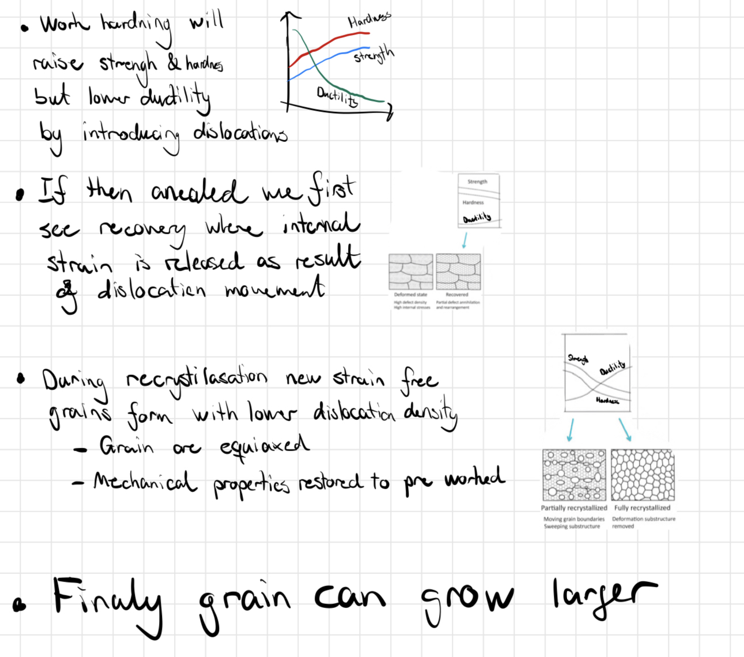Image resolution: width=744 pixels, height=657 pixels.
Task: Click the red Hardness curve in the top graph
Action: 334,42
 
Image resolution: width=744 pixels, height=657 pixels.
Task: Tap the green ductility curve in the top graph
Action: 323,74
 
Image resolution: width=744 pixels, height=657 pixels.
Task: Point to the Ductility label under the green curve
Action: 337,96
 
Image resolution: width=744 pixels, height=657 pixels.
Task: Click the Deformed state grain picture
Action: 411,272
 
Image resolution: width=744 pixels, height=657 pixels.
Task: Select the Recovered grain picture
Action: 458,272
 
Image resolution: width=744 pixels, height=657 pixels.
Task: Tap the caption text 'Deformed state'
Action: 410,295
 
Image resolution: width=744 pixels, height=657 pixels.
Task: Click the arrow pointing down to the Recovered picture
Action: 464,240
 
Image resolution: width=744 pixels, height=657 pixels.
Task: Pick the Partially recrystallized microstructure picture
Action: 574,475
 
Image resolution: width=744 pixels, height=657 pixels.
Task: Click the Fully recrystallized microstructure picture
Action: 643,475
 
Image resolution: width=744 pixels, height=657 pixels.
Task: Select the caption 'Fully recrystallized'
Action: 642,508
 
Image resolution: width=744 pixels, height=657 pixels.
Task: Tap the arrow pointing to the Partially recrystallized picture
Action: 571,430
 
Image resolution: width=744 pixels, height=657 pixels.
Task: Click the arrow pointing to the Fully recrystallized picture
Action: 625,430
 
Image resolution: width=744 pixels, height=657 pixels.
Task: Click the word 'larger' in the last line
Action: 603,595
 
